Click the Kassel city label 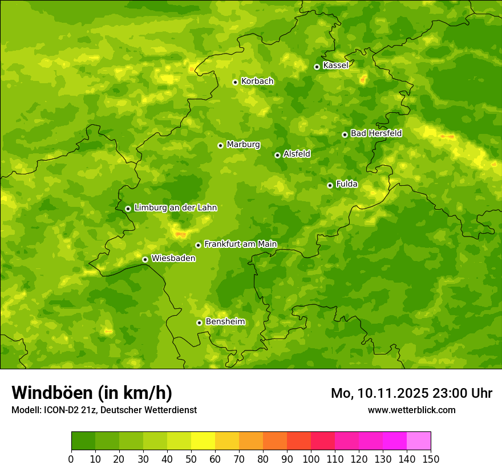coord(335,66)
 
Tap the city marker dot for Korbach coord(235,82)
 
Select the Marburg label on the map coord(243,145)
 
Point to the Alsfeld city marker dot coord(277,155)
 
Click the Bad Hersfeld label coord(376,133)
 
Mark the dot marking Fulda coord(330,185)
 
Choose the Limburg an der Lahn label coord(175,208)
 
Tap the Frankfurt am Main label coord(240,244)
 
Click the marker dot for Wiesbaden coord(145,259)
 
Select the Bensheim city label coord(225,322)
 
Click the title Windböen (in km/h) coord(91,393)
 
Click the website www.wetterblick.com coord(411,410)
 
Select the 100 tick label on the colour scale coord(311,459)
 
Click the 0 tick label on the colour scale coord(71,459)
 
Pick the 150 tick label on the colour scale coord(431,459)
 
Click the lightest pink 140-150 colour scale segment coord(419,441)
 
